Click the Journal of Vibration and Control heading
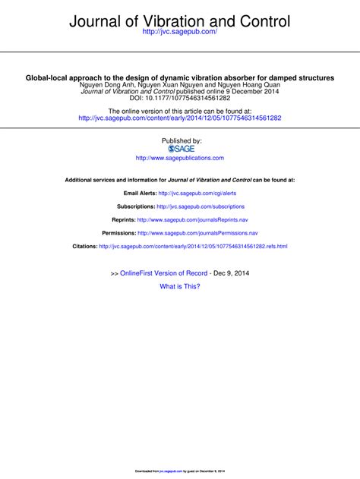coord(180,22)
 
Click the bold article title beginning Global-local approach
coord(180,77)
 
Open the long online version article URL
coord(180,118)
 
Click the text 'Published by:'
coord(180,141)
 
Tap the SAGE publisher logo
coord(180,149)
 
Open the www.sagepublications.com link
coord(180,158)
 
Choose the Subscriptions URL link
coord(201,206)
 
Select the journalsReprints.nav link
coord(194,219)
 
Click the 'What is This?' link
coord(180,286)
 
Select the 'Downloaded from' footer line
coord(180,471)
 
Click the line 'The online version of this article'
coord(180,111)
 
